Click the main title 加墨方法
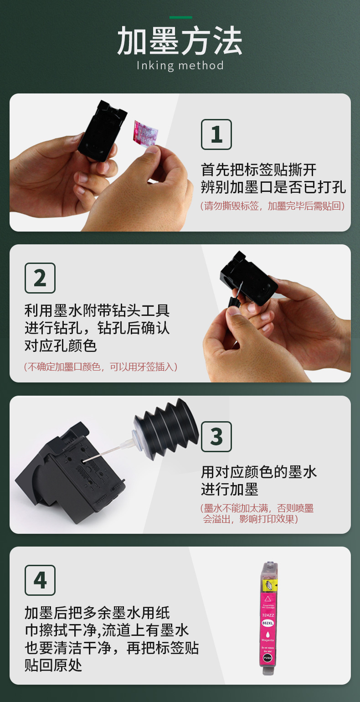tap(180, 41)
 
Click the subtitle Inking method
tap(180, 66)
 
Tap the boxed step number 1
tap(216, 134)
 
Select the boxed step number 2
tap(40, 278)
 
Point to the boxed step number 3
tap(216, 437)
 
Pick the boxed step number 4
tap(40, 580)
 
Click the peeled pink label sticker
tap(145, 133)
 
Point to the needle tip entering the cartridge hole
tap(83, 461)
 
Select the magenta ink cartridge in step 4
tap(268, 618)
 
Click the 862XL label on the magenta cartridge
tap(267, 623)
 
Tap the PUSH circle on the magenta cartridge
tap(267, 658)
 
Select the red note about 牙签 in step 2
tap(101, 366)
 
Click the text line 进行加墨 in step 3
tap(230, 489)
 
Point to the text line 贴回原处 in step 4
tap(53, 665)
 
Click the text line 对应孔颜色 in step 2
tap(61, 346)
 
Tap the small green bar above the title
tap(181, 17)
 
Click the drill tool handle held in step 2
tap(234, 303)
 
